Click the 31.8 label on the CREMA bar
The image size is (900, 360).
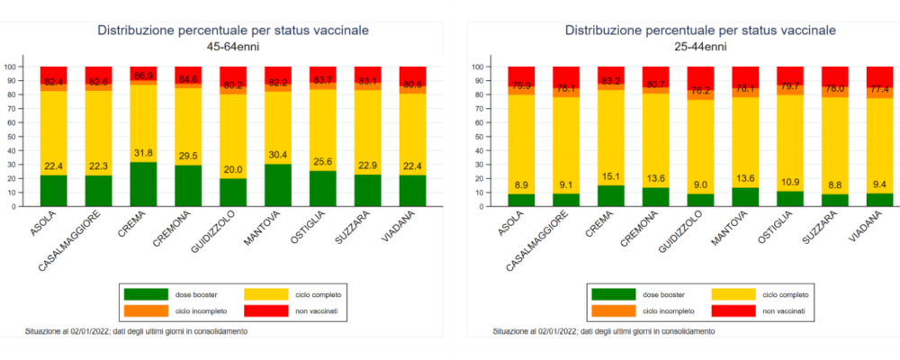pos(142,151)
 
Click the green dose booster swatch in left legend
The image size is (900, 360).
pos(146,293)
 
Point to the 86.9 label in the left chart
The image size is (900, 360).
pos(142,76)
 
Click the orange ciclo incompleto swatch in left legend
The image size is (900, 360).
pos(146,310)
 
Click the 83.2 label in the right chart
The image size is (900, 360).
pos(610,81)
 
